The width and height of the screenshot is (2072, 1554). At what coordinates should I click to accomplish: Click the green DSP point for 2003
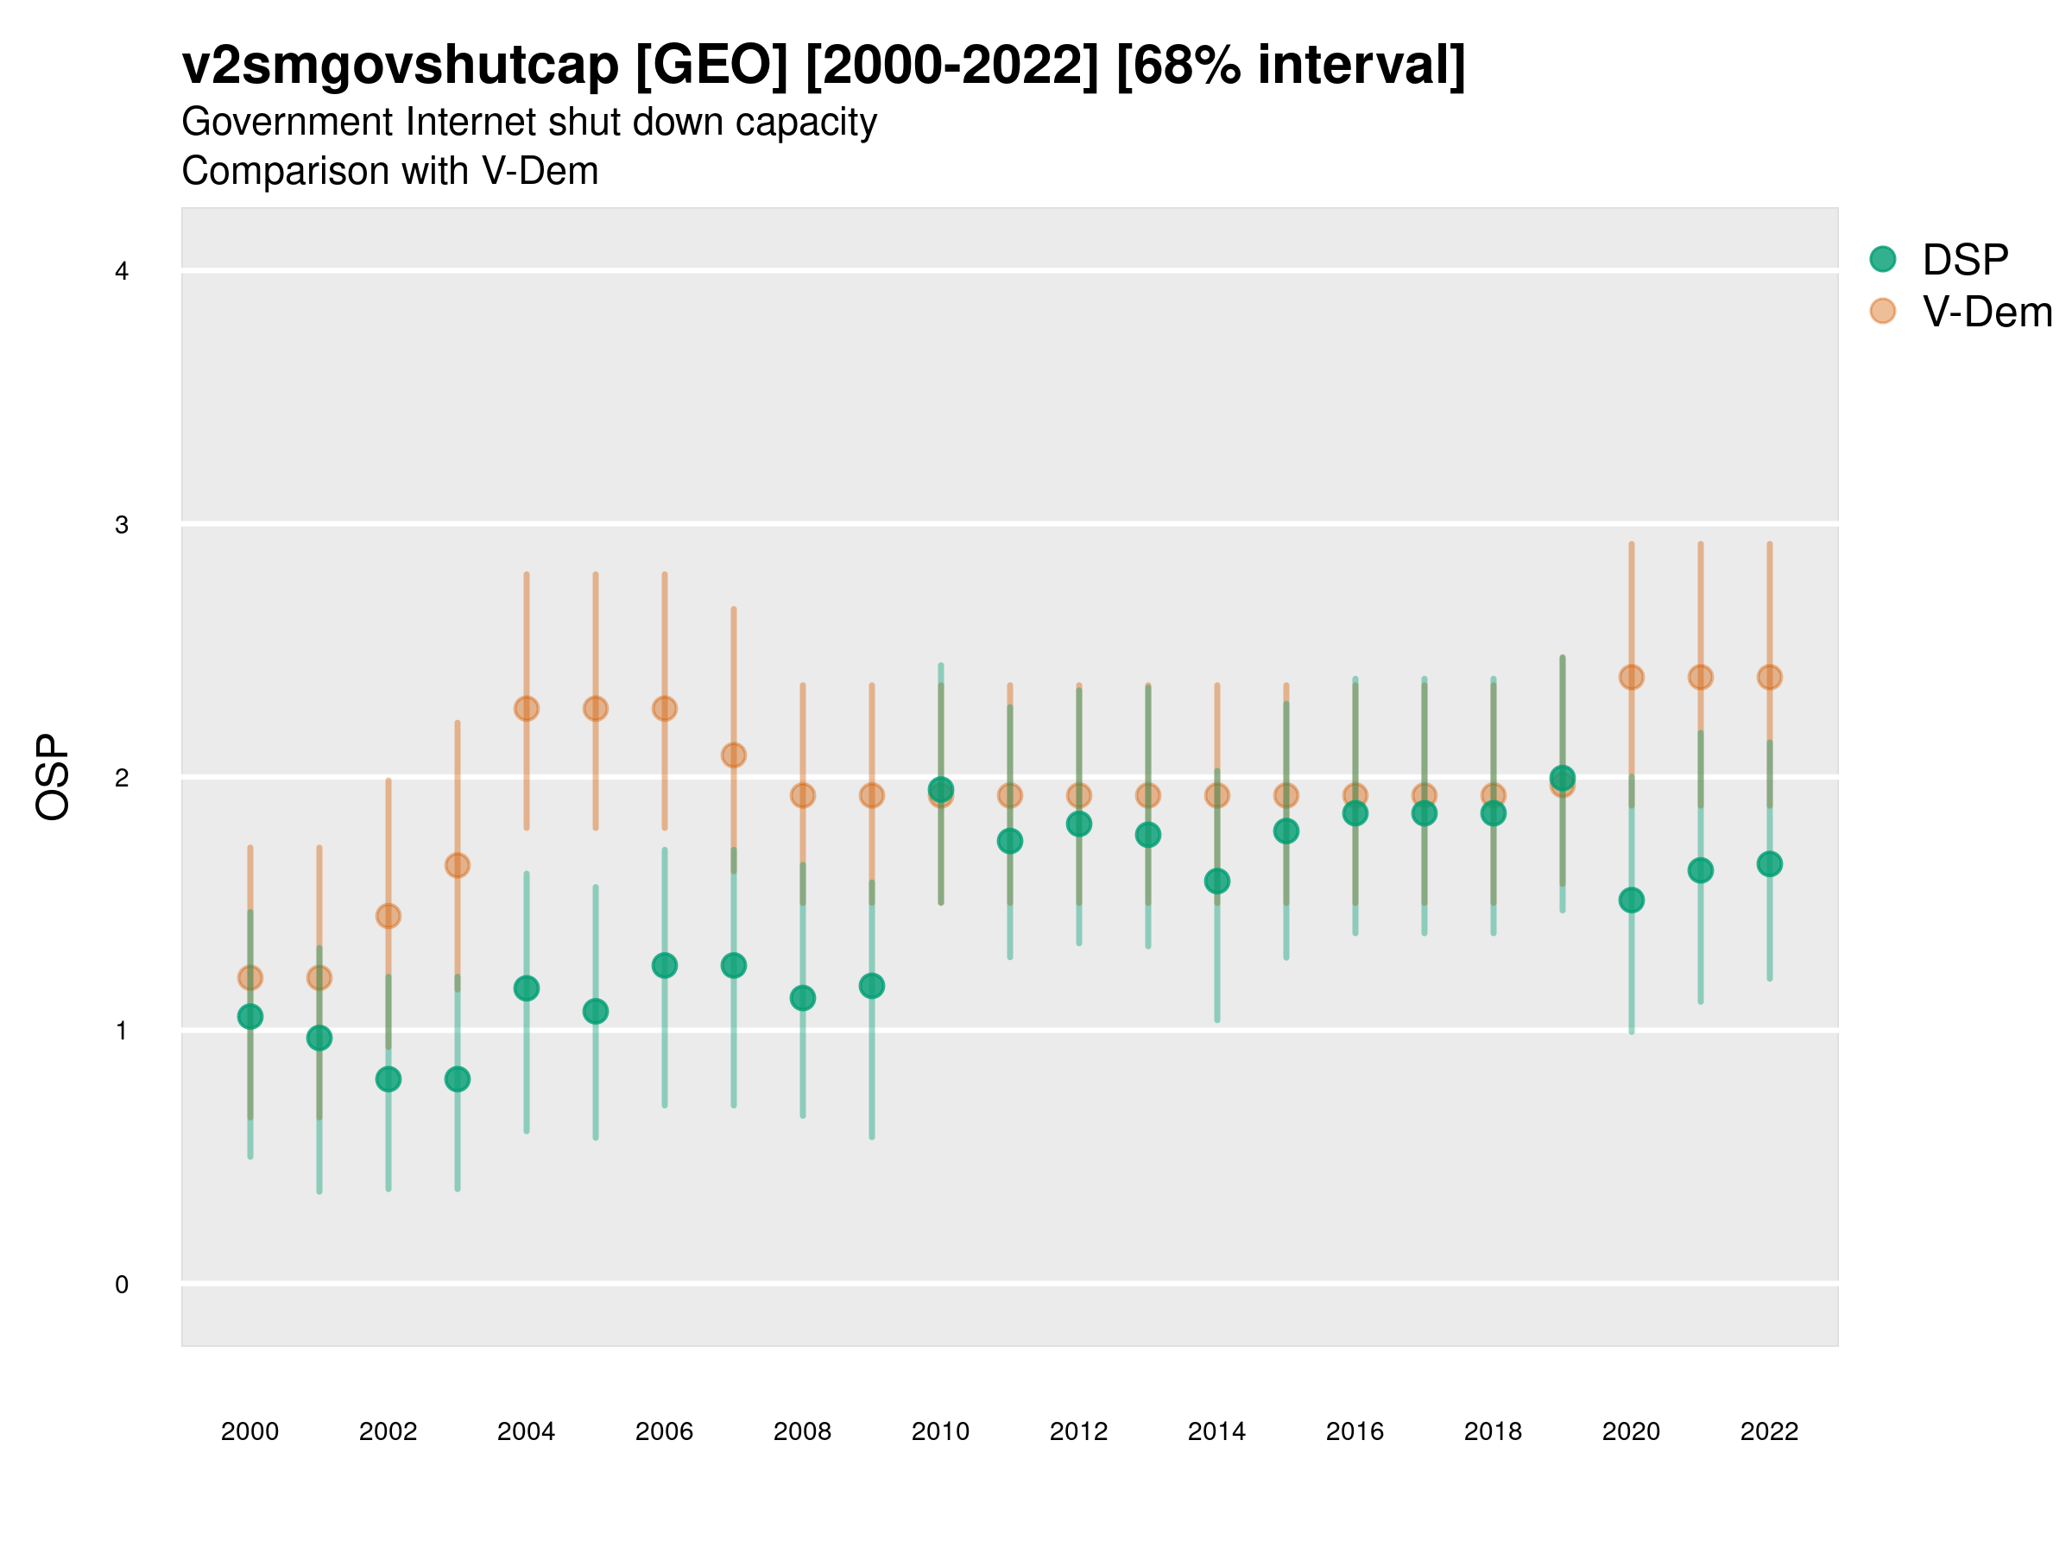457,1079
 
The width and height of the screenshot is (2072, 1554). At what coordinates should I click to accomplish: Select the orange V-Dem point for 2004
527,708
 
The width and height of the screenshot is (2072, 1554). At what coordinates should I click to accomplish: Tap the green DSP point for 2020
1631,900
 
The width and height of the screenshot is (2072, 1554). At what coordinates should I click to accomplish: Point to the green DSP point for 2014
1216,881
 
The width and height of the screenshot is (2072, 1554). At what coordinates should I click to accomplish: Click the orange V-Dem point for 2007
734,755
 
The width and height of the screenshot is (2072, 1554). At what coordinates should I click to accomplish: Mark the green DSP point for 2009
871,985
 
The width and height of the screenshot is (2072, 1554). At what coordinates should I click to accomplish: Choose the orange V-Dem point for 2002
388,916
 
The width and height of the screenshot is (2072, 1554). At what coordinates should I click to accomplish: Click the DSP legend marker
1882,258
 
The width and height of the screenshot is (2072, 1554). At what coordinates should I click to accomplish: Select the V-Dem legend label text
1987,312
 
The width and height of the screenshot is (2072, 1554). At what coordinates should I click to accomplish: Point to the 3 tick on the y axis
122,525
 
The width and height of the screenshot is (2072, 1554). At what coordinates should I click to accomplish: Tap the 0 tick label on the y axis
122,1285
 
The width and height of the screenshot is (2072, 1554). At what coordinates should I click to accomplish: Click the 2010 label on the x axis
940,1431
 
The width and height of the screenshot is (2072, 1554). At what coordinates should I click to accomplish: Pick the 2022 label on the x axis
1768,1431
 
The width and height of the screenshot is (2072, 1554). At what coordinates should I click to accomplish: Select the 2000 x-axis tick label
250,1431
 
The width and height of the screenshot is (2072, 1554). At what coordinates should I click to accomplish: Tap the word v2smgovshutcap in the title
400,66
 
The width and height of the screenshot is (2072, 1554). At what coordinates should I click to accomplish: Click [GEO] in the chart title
711,66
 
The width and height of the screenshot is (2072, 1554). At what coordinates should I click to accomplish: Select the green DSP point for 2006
664,965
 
